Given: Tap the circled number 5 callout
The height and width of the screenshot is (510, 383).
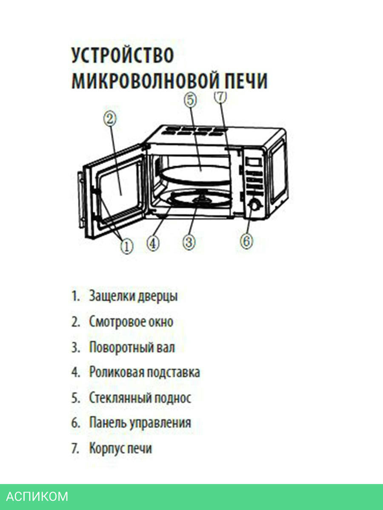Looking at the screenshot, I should [x=190, y=100].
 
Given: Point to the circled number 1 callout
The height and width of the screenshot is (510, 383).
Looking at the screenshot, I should [x=126, y=246].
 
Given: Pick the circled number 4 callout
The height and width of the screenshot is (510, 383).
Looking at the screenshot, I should [x=153, y=243].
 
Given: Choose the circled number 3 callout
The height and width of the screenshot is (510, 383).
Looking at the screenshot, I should [x=189, y=242].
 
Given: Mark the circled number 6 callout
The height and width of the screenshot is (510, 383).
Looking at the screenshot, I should [x=246, y=241].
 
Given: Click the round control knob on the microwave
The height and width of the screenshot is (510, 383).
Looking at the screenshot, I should [x=254, y=205].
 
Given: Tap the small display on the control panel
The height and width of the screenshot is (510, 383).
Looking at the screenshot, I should [x=253, y=163].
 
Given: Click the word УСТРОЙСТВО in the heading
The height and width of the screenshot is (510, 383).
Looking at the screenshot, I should [x=123, y=56].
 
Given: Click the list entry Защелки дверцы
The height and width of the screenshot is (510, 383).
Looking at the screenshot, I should [x=133, y=296].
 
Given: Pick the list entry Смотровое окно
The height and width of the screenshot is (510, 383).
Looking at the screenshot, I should [x=131, y=322].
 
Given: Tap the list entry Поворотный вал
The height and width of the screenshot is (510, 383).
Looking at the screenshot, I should [x=132, y=347].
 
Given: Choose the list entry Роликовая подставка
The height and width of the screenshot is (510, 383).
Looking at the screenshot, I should [x=144, y=373].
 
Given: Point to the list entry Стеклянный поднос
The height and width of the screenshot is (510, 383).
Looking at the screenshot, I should [x=140, y=398].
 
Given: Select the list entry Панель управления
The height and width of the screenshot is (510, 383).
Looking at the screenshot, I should [x=140, y=423].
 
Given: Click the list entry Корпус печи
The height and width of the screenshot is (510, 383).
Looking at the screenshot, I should [x=120, y=448].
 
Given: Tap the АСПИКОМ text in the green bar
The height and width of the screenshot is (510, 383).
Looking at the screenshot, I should [x=37, y=496].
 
